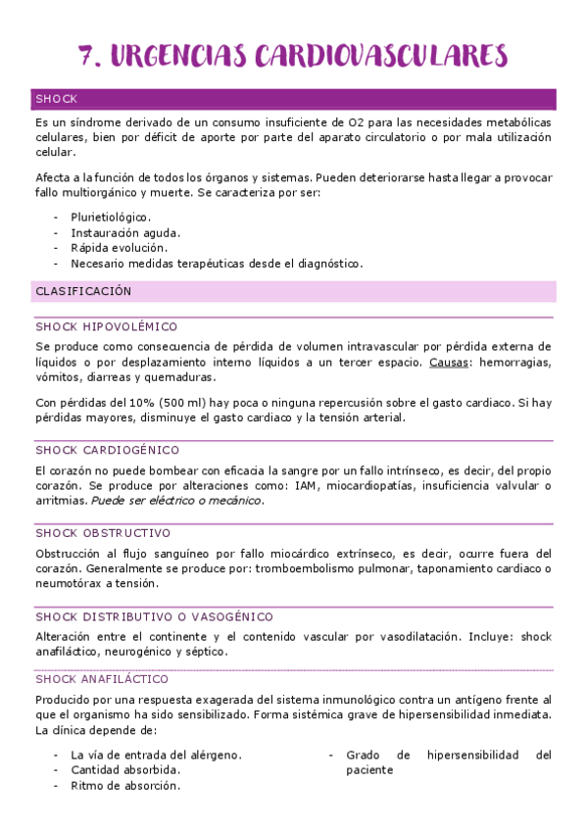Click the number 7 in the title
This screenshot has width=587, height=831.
88,56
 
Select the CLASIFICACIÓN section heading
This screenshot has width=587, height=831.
83,292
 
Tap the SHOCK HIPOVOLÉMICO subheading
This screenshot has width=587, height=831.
106,327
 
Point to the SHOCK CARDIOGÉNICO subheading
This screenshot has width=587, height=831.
108,451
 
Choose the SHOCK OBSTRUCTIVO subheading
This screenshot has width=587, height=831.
103,533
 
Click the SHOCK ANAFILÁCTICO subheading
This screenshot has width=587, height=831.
102,679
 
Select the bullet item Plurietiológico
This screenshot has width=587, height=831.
111,217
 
